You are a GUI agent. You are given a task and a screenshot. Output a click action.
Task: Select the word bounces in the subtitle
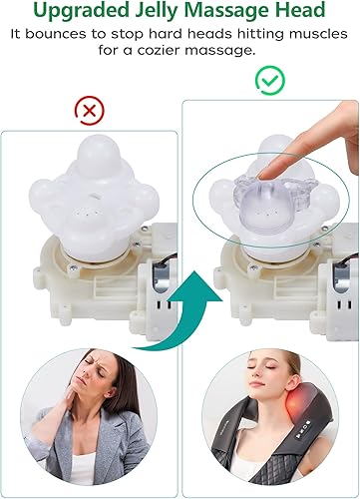94,36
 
